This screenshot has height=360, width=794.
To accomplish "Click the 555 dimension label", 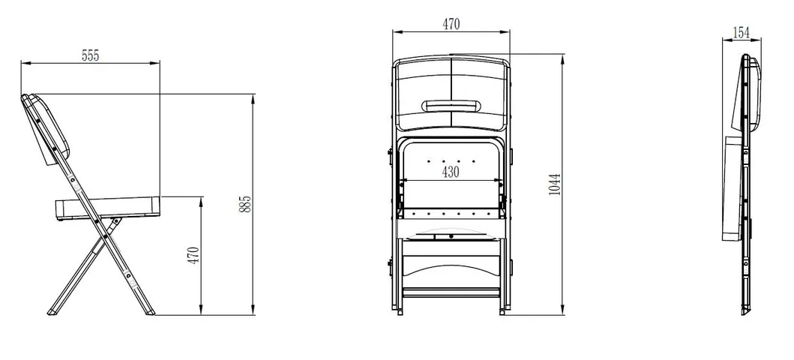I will point(89,55).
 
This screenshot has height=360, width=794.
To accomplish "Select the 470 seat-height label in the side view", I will point(193,256).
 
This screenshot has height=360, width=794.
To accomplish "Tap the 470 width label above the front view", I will point(451,24).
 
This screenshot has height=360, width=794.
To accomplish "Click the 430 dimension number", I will point(450,172).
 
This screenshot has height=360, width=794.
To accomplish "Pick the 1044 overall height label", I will point(554,184).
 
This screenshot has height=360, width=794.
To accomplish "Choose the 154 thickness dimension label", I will point(741,32).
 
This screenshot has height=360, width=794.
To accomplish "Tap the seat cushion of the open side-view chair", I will point(109,204).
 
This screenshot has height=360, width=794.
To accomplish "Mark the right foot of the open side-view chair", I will point(151,310).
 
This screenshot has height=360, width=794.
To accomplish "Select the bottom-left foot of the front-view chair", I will point(399,310).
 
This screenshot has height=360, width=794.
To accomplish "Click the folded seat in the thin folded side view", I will point(735,187).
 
